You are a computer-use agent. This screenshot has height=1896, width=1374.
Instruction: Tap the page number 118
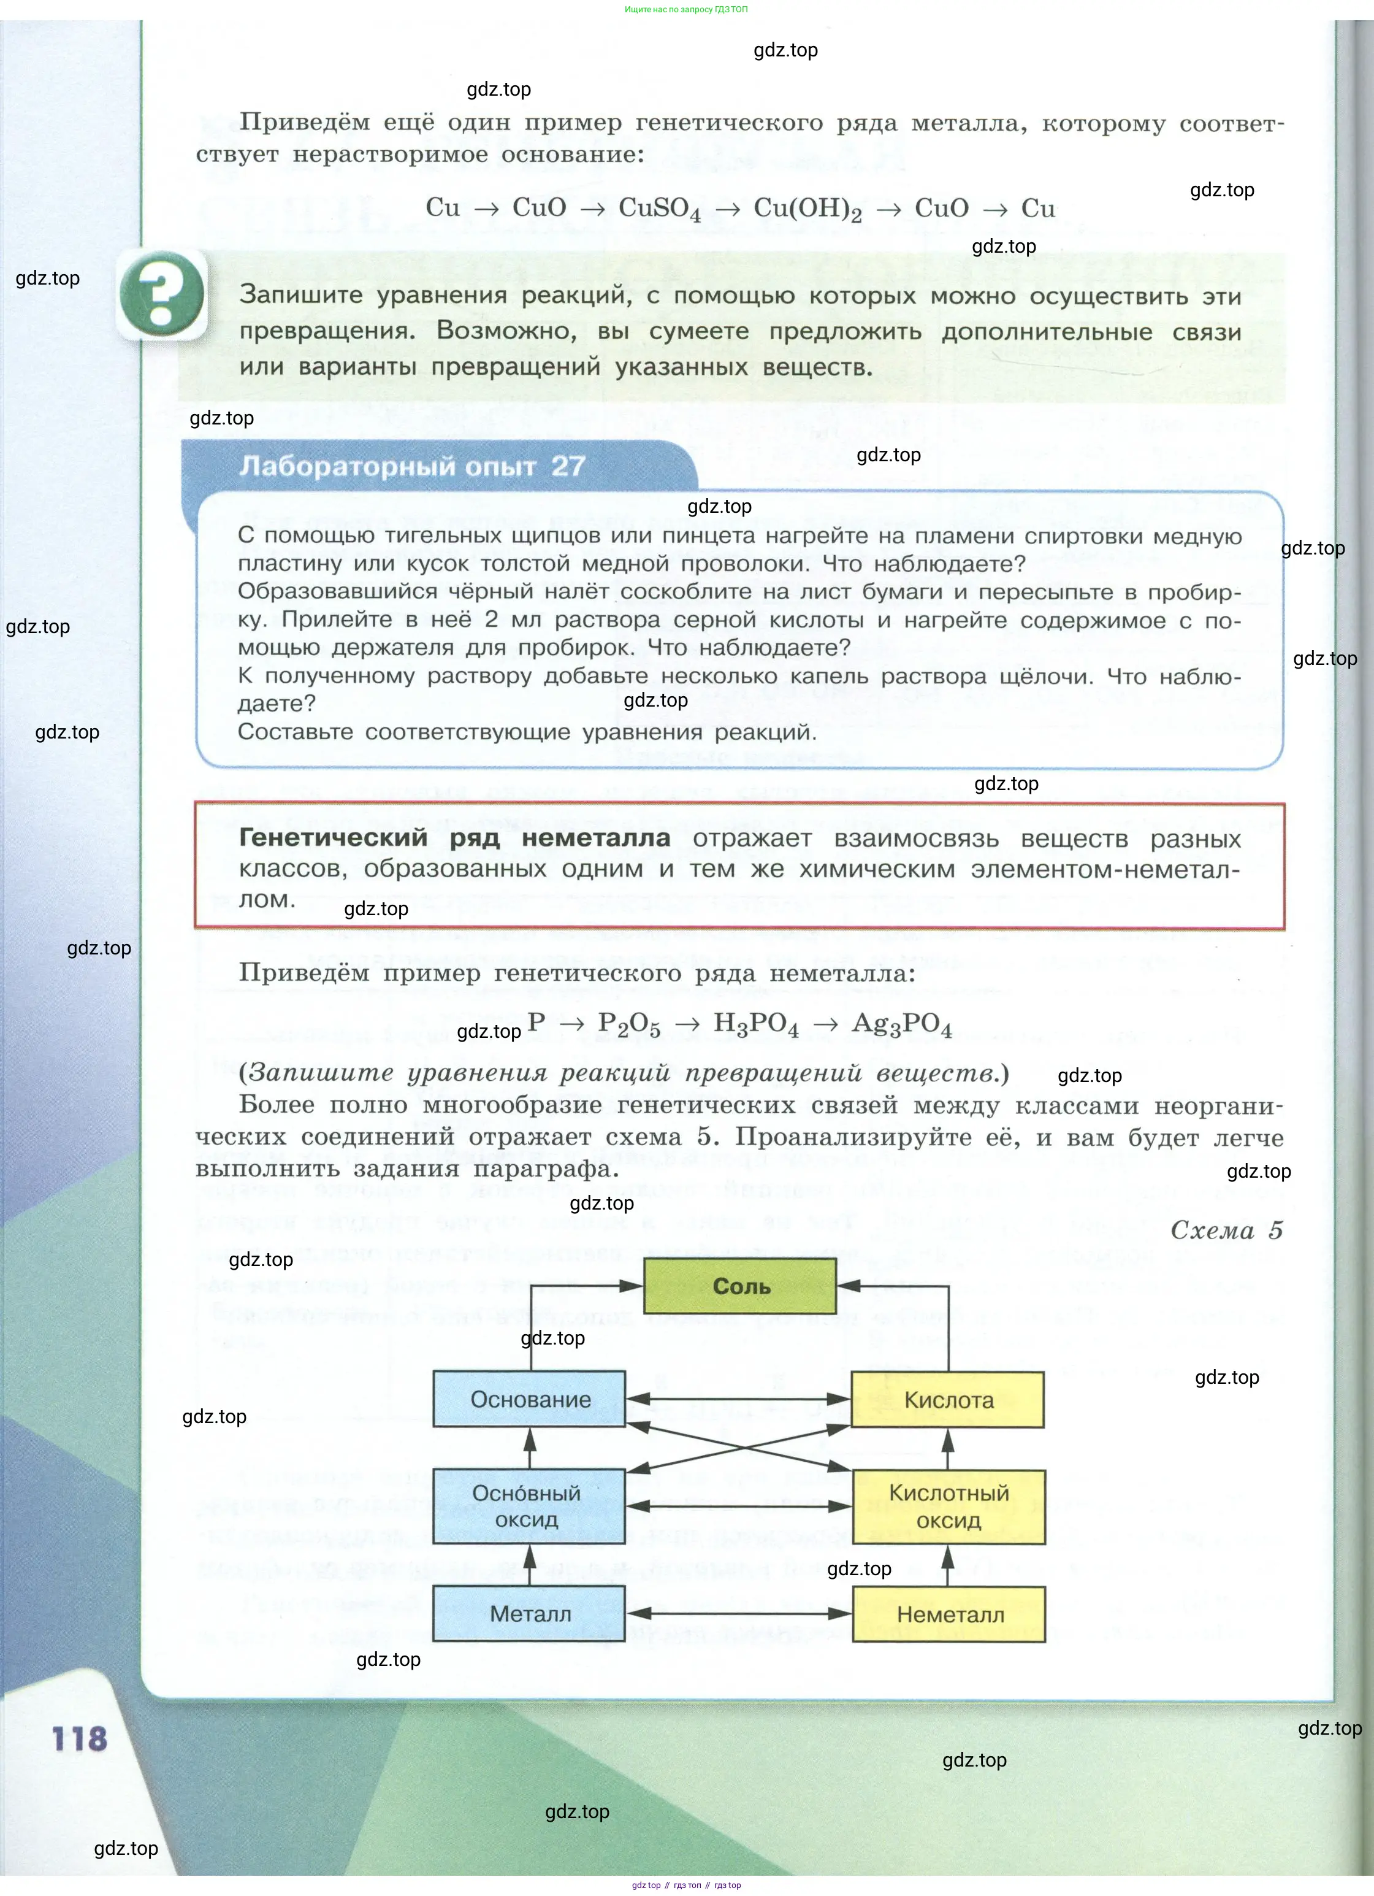coord(79,1739)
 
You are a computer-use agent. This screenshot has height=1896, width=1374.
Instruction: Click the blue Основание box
coord(529,1399)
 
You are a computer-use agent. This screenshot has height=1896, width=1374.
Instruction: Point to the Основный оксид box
coord(529,1506)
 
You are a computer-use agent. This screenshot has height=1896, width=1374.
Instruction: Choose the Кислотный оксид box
coord(948,1506)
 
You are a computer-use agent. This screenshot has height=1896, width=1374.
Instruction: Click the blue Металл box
coord(529,1613)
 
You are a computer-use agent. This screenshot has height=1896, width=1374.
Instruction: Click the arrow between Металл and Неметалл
coord(739,1613)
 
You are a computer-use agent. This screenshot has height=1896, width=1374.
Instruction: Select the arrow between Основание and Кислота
coord(739,1399)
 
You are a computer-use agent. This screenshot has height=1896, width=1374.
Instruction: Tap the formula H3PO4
coord(755,1024)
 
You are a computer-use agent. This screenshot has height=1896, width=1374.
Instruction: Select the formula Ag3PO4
coord(902,1024)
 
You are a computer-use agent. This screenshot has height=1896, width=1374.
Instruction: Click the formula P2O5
coord(628,1024)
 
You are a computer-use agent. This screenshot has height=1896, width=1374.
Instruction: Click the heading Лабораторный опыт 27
coord(412,466)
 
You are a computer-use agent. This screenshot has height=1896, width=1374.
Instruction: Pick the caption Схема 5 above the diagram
coord(1225,1230)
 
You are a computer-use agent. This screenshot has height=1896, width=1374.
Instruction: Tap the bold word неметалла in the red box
coord(596,838)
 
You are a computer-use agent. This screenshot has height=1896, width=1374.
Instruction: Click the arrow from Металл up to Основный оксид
coord(529,1564)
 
